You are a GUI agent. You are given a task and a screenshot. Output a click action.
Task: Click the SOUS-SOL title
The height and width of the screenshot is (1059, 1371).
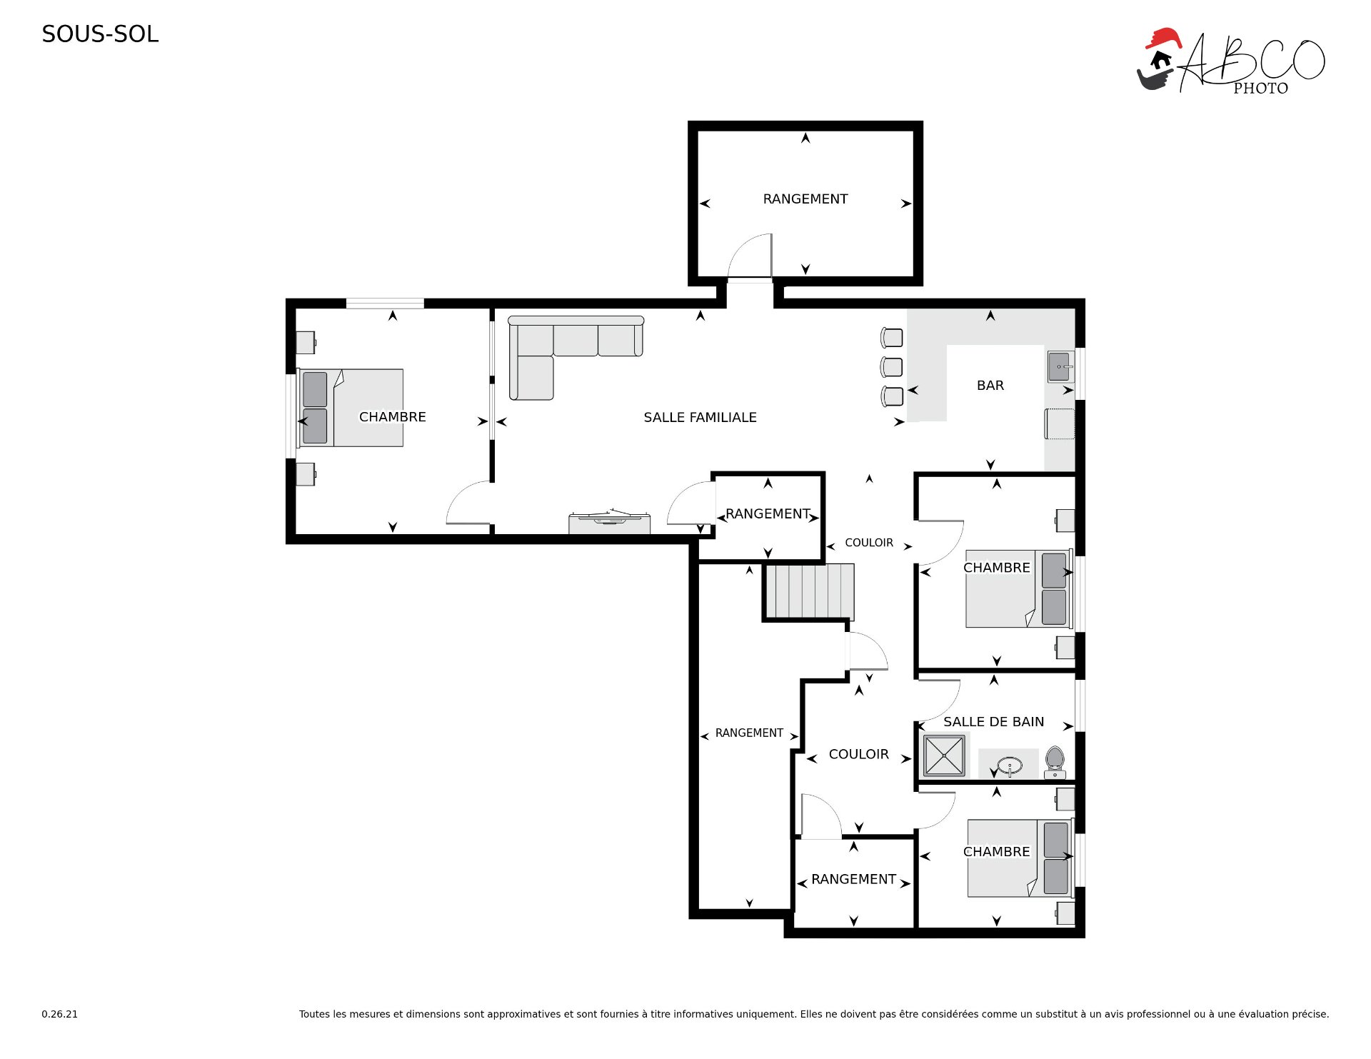(100, 34)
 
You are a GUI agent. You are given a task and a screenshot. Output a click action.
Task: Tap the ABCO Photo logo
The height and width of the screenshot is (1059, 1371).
(1230, 61)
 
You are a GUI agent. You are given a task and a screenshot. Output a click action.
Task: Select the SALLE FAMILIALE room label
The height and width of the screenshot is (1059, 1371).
(700, 417)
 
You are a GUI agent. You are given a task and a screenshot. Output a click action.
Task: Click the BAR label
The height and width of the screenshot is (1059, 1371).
(990, 386)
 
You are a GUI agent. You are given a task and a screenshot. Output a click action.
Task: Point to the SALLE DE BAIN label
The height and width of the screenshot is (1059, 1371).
(993, 722)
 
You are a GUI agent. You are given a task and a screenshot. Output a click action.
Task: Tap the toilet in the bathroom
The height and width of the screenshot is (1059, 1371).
(1055, 763)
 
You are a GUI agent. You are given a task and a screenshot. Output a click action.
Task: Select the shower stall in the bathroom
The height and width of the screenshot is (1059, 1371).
(944, 756)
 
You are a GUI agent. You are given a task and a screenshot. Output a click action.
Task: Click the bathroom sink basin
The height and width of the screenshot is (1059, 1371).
(1010, 766)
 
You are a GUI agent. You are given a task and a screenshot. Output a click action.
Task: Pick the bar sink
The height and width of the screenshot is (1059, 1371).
(1060, 367)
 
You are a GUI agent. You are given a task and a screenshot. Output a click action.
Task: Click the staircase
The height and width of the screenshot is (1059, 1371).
(810, 591)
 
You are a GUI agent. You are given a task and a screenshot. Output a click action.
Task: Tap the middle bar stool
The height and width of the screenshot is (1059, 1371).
(891, 367)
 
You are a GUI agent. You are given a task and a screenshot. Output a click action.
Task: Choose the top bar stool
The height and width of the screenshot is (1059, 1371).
(891, 338)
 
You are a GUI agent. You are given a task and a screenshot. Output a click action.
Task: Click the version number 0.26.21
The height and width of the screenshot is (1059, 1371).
(60, 1014)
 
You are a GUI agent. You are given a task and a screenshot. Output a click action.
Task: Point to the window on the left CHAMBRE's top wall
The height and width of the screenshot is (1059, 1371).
(385, 303)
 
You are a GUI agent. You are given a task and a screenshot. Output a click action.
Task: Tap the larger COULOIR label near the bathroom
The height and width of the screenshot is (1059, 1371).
(858, 754)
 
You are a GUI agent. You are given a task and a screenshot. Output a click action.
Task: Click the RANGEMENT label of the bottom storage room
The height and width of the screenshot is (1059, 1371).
(853, 879)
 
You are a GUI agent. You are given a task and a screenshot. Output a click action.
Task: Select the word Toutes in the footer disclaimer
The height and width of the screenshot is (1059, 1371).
(313, 1014)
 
